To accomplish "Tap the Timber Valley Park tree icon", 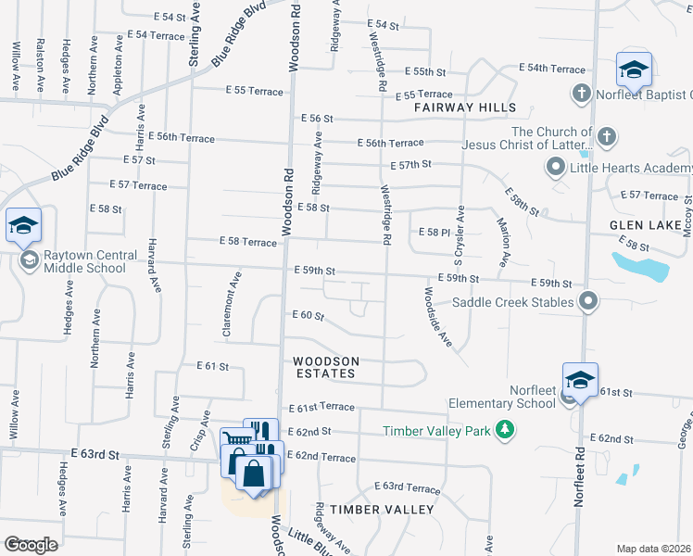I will (x=505, y=430).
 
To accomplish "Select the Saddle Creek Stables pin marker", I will (x=588, y=300).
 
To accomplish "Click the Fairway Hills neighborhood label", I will (x=465, y=107).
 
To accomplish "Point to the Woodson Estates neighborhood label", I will (x=324, y=367).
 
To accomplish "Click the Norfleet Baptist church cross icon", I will (x=581, y=94).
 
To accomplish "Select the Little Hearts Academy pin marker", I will (x=556, y=168).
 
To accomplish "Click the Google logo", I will (x=31, y=545).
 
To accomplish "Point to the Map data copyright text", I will (x=653, y=549).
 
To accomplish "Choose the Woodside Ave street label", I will (x=437, y=317).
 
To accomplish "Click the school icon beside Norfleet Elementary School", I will (x=580, y=382).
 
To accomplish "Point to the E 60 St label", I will (x=307, y=316).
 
